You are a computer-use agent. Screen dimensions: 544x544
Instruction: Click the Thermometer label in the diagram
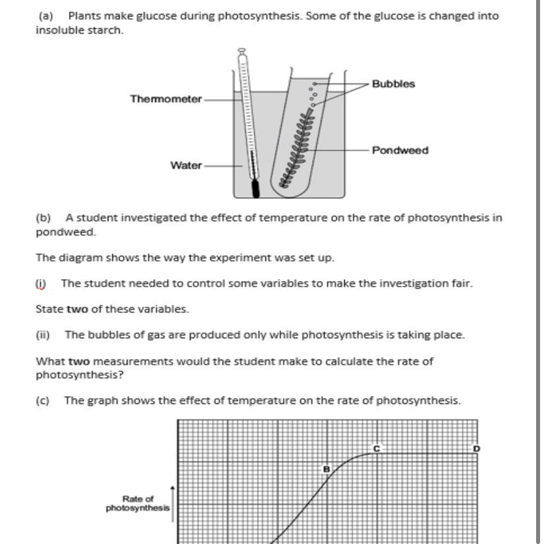coord(166,99)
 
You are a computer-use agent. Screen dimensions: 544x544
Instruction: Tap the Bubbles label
coord(393,84)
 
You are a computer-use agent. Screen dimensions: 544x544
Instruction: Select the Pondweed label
coord(400,150)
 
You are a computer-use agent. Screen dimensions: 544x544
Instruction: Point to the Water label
coord(186,165)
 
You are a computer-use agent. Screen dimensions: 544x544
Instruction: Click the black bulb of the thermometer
coord(255,188)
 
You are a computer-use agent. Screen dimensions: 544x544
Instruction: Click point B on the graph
coord(326,469)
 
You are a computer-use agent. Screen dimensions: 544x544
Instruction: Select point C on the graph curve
coord(377,449)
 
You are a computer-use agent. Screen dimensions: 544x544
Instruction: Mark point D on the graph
coord(477,449)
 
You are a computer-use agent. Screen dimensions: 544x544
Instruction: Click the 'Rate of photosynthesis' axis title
coord(138,503)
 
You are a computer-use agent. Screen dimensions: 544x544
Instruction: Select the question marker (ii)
coord(43,335)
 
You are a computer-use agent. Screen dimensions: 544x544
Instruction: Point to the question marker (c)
coord(43,400)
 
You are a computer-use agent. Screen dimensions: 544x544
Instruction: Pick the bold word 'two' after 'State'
coord(78,309)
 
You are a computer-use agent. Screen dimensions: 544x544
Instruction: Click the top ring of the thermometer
coord(242,51)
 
